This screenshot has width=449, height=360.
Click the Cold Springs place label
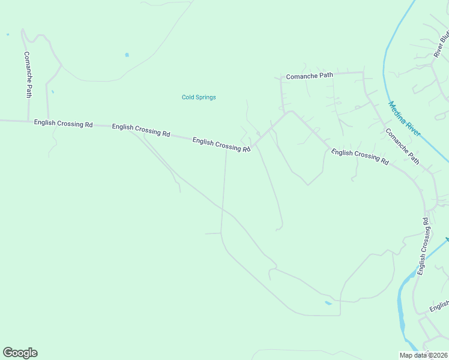199,97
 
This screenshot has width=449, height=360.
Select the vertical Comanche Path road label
28,74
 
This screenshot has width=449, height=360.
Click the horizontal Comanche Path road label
309,76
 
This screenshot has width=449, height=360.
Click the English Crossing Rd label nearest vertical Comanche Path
63,124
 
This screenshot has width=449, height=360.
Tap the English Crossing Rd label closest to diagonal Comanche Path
360,157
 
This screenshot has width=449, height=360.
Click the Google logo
20,353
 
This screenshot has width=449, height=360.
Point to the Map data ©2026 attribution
424,355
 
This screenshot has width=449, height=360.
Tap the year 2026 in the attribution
440,355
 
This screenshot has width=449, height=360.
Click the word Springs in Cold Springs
206,97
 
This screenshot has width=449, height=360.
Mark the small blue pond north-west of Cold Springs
127,55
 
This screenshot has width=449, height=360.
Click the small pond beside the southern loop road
328,303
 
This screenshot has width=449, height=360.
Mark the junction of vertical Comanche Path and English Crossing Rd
28,121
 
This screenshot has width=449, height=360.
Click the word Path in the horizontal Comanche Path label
325,76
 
